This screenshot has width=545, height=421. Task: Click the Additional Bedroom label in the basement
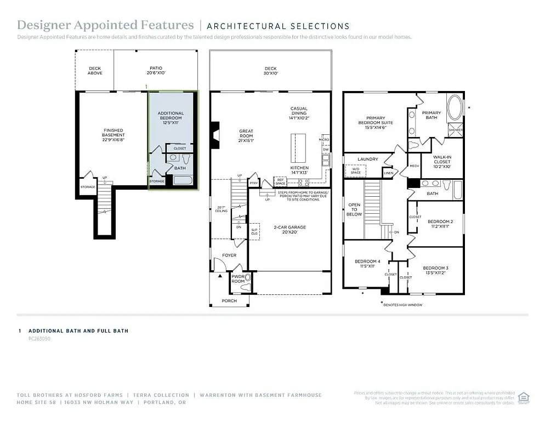[171, 118]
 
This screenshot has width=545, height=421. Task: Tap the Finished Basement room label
[113, 135]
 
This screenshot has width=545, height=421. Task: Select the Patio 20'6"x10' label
[156, 71]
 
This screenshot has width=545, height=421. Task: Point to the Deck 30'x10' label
[271, 71]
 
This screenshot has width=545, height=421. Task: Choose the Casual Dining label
[299, 113]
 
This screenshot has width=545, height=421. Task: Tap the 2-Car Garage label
[289, 229]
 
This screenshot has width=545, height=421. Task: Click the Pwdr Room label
[238, 279]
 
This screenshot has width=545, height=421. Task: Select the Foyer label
[229, 255]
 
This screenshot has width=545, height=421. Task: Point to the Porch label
[229, 301]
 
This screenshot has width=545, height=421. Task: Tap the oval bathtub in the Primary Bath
[455, 107]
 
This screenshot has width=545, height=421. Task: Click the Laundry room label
[367, 160]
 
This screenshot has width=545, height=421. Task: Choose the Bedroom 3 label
[435, 270]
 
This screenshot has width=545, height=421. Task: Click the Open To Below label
[354, 209]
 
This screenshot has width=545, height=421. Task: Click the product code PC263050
[39, 339]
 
